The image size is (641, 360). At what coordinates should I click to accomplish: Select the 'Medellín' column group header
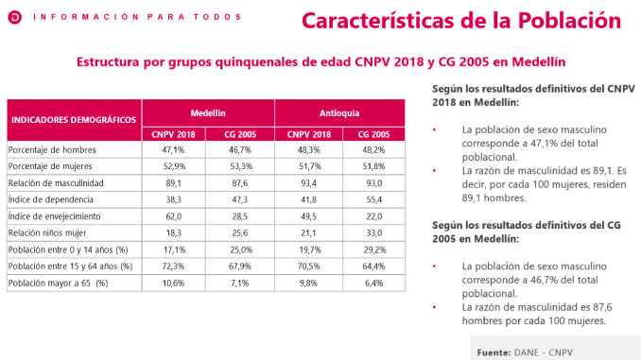click(207, 111)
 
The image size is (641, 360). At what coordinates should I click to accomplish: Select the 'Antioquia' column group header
click(339, 111)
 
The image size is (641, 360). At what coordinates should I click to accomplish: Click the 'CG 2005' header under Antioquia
click(372, 134)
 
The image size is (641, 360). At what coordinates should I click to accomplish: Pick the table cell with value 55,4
click(372, 199)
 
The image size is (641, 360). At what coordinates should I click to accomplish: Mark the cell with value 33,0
click(372, 232)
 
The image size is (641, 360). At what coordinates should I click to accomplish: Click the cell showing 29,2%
click(372, 249)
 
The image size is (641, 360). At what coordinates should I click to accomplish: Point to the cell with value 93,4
click(306, 182)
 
